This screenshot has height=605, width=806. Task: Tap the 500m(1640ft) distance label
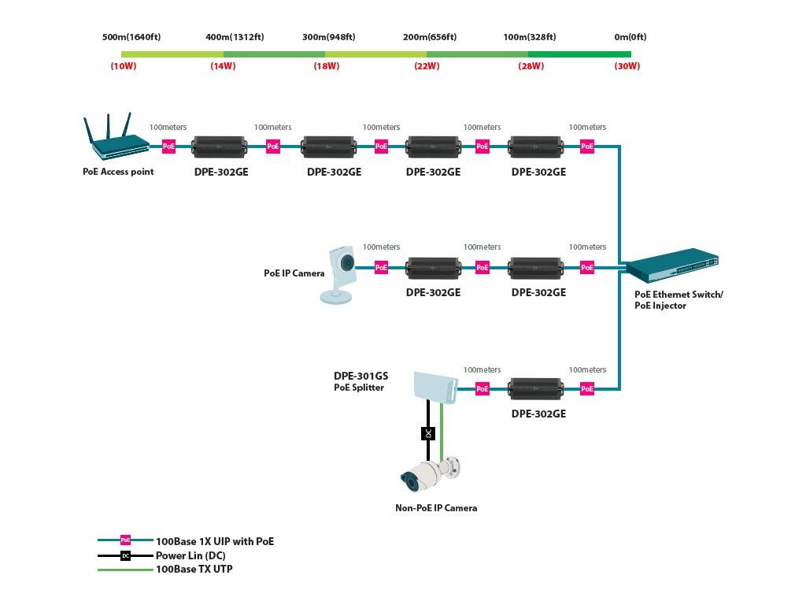pyautogui.click(x=131, y=37)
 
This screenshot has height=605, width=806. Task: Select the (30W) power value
pyautogui.click(x=627, y=66)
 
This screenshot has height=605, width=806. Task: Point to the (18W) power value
pyautogui.click(x=326, y=66)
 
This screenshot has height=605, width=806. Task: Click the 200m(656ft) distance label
pyautogui.click(x=430, y=37)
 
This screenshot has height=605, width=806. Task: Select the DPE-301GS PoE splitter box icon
pyautogui.click(x=435, y=384)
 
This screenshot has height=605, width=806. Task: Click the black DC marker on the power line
pyautogui.click(x=428, y=433)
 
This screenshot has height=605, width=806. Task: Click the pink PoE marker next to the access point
pyautogui.click(x=168, y=146)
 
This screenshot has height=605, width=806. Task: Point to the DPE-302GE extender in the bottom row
pyautogui.click(x=534, y=388)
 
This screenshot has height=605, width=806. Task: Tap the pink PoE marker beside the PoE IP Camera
pyautogui.click(x=381, y=267)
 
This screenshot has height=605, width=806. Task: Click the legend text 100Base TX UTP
pyautogui.click(x=194, y=569)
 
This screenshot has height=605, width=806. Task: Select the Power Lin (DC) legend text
pyautogui.click(x=190, y=555)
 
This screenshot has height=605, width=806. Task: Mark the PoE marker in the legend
pyautogui.click(x=125, y=540)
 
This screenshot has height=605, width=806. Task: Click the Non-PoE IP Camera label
pyautogui.click(x=435, y=508)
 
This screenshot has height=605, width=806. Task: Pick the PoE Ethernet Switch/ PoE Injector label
pyautogui.click(x=678, y=299)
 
